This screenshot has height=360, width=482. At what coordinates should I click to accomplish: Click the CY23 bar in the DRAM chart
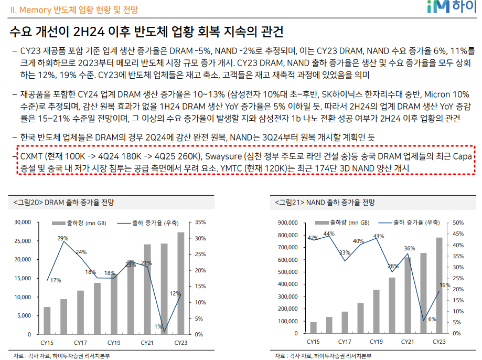180,283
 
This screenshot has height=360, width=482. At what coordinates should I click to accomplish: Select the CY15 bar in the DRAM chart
47,320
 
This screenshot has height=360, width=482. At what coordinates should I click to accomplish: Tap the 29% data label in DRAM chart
63,239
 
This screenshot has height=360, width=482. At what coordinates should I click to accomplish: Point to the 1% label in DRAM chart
158,326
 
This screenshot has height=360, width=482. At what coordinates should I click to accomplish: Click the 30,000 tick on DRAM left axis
23,223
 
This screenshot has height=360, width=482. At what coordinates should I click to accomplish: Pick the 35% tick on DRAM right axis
200,223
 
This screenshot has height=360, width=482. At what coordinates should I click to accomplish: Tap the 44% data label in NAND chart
329,234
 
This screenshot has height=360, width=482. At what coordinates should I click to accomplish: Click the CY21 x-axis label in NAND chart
407,342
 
